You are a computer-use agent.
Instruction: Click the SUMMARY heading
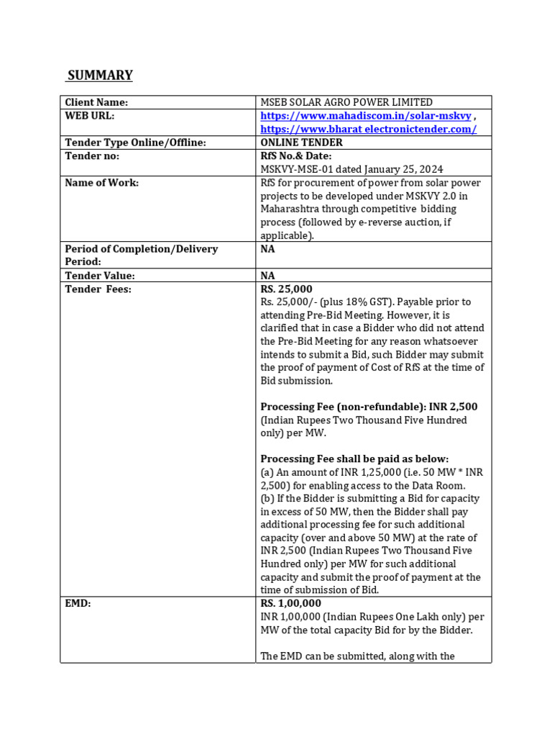tap(100, 76)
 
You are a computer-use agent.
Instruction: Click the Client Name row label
tap(96, 103)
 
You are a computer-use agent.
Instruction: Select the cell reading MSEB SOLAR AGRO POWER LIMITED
tap(346, 103)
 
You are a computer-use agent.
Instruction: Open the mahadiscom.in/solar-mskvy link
tap(365, 116)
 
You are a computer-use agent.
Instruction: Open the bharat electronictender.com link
tap(368, 129)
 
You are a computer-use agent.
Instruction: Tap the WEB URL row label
tap(90, 116)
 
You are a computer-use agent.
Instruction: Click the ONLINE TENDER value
tap(301, 143)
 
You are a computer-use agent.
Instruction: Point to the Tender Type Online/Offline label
tap(135, 143)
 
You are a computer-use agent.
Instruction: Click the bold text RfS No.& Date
tap(296, 156)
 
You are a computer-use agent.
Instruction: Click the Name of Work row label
tap(101, 183)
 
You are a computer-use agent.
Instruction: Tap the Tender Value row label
tap(100, 276)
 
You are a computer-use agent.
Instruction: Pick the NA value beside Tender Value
tap(267, 276)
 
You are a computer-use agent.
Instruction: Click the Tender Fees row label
tap(98, 289)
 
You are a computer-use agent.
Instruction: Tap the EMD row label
tap(78, 603)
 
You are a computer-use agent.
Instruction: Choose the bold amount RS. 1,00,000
tap(291, 603)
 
